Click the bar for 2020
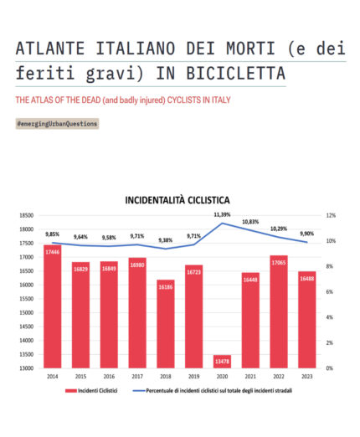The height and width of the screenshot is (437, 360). [222, 361]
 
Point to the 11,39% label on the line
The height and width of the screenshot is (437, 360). [222, 215]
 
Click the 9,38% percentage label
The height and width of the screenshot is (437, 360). [165, 240]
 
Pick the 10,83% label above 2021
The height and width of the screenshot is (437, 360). [250, 222]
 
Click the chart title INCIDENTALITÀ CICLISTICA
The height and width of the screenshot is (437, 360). [177, 200]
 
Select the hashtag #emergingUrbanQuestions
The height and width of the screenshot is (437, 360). [57, 124]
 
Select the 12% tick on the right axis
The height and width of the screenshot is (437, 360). [331, 215]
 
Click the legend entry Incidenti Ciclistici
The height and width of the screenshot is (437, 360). [91, 390]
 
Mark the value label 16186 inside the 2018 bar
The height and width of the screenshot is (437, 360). [166, 286]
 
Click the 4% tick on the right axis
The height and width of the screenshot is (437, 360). [331, 317]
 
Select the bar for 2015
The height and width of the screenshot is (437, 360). [80, 318]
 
